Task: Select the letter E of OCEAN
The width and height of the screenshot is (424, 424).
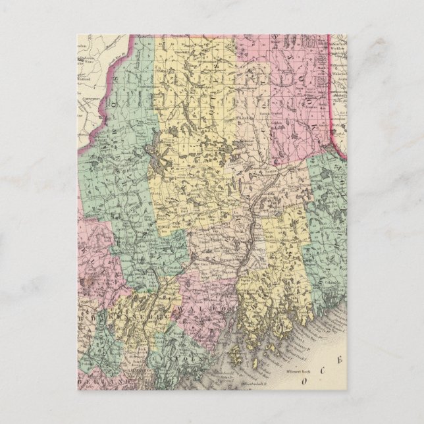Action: coord(340,359)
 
